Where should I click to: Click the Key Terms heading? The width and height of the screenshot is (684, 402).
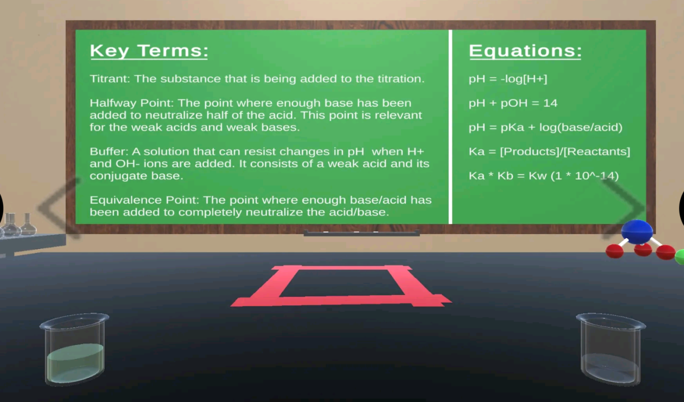[x=149, y=51]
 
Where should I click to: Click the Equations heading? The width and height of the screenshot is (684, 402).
[x=525, y=51]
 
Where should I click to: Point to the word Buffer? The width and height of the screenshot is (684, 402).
[x=109, y=151]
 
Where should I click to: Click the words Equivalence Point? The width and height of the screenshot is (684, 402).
[x=145, y=200]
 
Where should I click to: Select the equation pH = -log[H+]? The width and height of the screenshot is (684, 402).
[x=508, y=79]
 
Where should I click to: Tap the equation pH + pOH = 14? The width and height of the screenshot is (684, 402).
[x=513, y=103]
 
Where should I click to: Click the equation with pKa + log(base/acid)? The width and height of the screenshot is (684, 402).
[x=546, y=127]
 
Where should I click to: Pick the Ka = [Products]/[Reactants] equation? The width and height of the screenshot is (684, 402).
[x=549, y=151]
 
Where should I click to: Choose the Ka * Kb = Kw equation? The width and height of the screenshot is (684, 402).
[x=544, y=176]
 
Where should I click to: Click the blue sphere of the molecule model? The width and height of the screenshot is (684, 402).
[x=637, y=232]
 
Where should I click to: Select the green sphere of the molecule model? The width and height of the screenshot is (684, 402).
[x=681, y=257]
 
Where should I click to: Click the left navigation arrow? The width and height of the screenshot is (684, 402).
[x=59, y=208]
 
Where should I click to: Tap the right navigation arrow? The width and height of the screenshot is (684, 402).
[x=624, y=208]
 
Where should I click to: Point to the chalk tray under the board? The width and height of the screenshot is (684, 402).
[x=362, y=233]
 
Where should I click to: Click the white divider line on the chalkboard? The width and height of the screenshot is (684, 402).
[x=451, y=127]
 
